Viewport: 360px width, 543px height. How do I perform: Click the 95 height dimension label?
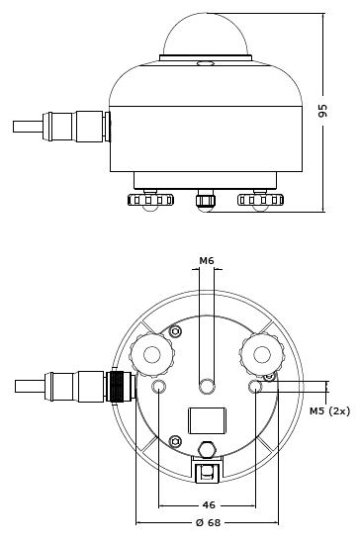point(322,111)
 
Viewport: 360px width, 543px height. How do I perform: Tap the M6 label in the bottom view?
point(207,261)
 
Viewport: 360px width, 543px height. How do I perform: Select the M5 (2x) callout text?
point(329,411)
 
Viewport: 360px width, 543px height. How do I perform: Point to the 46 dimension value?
point(209,504)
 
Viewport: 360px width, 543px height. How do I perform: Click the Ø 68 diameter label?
point(208,522)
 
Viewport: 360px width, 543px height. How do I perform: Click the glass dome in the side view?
point(206,35)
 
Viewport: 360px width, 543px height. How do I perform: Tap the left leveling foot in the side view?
point(150,200)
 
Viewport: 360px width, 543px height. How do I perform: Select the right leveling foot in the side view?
point(260,200)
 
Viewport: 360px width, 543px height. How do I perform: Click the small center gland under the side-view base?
point(206,201)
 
